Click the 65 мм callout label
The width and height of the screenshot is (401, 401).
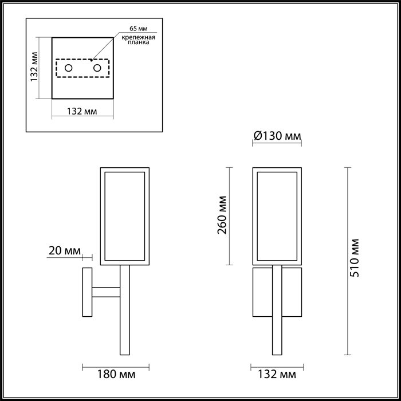[139, 29]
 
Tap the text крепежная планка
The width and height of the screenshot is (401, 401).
[139, 40]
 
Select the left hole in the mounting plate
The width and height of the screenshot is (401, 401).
[69, 68]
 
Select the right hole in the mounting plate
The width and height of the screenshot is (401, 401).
[97, 68]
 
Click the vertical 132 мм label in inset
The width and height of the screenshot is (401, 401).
[34, 67]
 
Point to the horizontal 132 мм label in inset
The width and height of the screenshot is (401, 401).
[82, 111]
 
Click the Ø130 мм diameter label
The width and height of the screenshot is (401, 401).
[277, 136]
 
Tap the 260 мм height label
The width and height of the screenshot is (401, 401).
[222, 215]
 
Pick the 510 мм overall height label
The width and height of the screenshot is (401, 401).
[355, 258]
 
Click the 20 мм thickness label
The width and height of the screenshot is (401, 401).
[64, 251]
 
